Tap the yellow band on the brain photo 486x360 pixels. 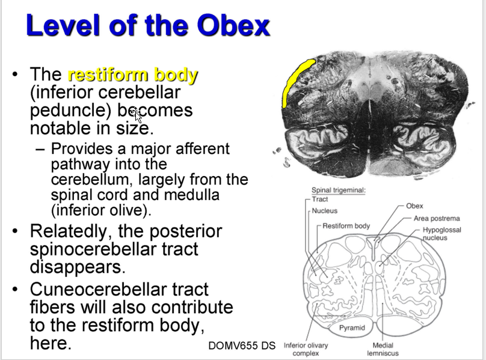(x=295, y=79)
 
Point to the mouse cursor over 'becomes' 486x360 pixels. (x=137, y=114)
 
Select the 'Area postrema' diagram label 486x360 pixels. (x=436, y=218)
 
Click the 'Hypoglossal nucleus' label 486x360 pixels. (x=442, y=233)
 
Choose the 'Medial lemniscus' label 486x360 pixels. (x=383, y=349)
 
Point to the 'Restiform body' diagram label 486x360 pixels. (x=346, y=226)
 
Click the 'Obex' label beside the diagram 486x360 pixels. (x=414, y=206)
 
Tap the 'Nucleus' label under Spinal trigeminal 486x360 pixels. (x=325, y=211)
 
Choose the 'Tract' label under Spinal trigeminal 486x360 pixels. (x=320, y=199)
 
